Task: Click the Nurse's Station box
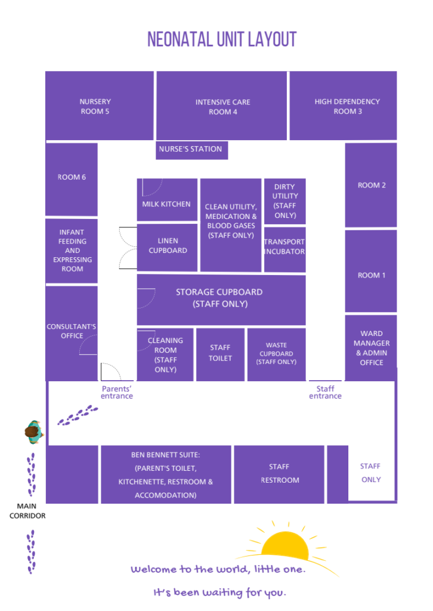(x=191, y=150)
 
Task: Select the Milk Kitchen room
(x=167, y=200)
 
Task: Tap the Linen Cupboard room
(x=167, y=247)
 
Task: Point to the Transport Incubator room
(x=284, y=250)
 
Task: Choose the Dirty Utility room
(x=284, y=201)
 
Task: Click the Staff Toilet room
(x=221, y=354)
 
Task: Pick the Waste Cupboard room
(x=277, y=354)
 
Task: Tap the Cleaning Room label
(x=165, y=354)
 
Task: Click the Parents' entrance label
(x=117, y=393)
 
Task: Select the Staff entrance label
(x=325, y=393)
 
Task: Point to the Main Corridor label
(x=27, y=511)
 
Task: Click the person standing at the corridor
(x=34, y=432)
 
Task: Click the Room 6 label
(x=72, y=177)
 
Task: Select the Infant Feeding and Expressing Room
(x=72, y=251)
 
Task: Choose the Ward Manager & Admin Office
(x=371, y=348)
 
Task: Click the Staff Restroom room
(x=279, y=474)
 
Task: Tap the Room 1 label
(x=372, y=276)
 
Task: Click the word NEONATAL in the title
(x=180, y=39)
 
